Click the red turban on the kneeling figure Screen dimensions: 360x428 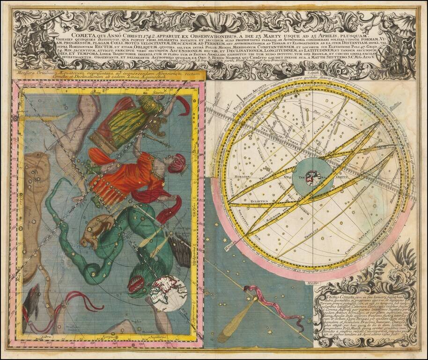pyautogui.click(x=177, y=163)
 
